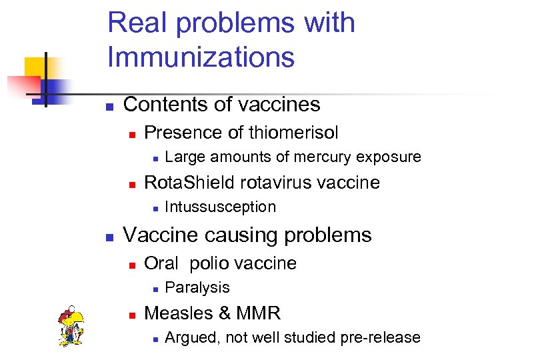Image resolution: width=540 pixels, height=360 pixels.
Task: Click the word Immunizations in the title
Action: [201, 57]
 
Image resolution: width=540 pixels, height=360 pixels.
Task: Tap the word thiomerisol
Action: [293, 133]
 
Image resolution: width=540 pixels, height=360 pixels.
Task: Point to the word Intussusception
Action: [220, 207]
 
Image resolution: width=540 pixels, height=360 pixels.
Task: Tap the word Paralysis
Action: [197, 287]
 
